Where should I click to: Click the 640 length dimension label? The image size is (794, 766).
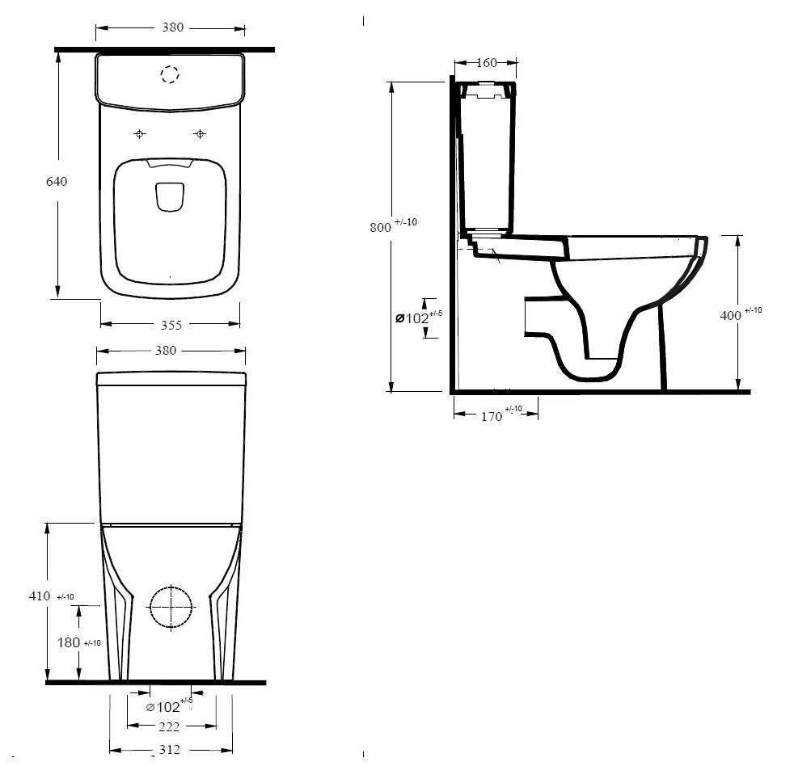pyautogui.click(x=57, y=181)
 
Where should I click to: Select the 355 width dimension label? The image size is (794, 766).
pyautogui.click(x=171, y=325)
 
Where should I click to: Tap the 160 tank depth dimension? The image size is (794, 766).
pyautogui.click(x=486, y=63)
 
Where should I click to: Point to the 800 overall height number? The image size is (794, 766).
pyautogui.click(x=380, y=227)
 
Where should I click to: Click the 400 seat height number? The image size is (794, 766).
pyautogui.click(x=730, y=315)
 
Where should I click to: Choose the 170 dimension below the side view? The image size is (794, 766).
pyautogui.click(x=491, y=416)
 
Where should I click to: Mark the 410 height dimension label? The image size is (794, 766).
pyautogui.click(x=40, y=596)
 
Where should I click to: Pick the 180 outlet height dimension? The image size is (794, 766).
pyautogui.click(x=69, y=642)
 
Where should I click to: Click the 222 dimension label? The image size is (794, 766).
pyautogui.click(x=169, y=727)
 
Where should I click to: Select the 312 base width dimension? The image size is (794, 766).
pyautogui.click(x=169, y=749)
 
